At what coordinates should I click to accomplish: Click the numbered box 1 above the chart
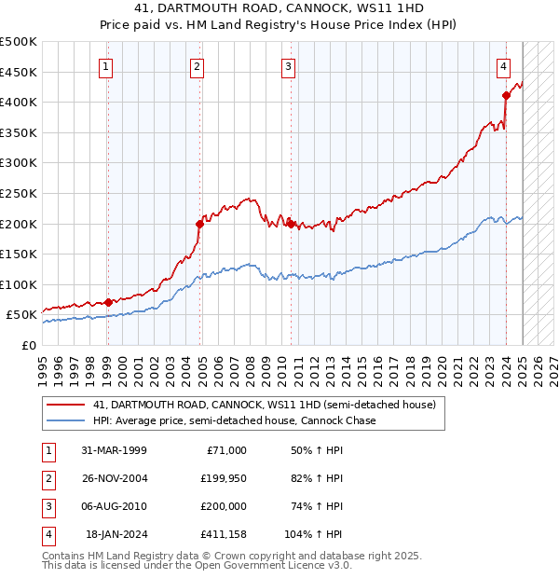[106, 66]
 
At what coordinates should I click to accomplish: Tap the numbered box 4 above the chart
[503, 66]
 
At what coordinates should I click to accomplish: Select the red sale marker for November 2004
[199, 224]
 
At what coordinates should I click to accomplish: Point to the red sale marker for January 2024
[506, 95]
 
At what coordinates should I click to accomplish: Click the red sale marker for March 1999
[108, 302]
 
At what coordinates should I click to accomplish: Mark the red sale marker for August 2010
[291, 224]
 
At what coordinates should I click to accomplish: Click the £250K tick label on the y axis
[20, 193]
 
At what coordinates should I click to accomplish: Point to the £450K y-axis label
[20, 72]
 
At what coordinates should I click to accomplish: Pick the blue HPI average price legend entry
[234, 421]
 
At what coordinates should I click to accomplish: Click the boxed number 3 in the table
[47, 506]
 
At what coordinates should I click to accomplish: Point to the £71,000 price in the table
[226, 450]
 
